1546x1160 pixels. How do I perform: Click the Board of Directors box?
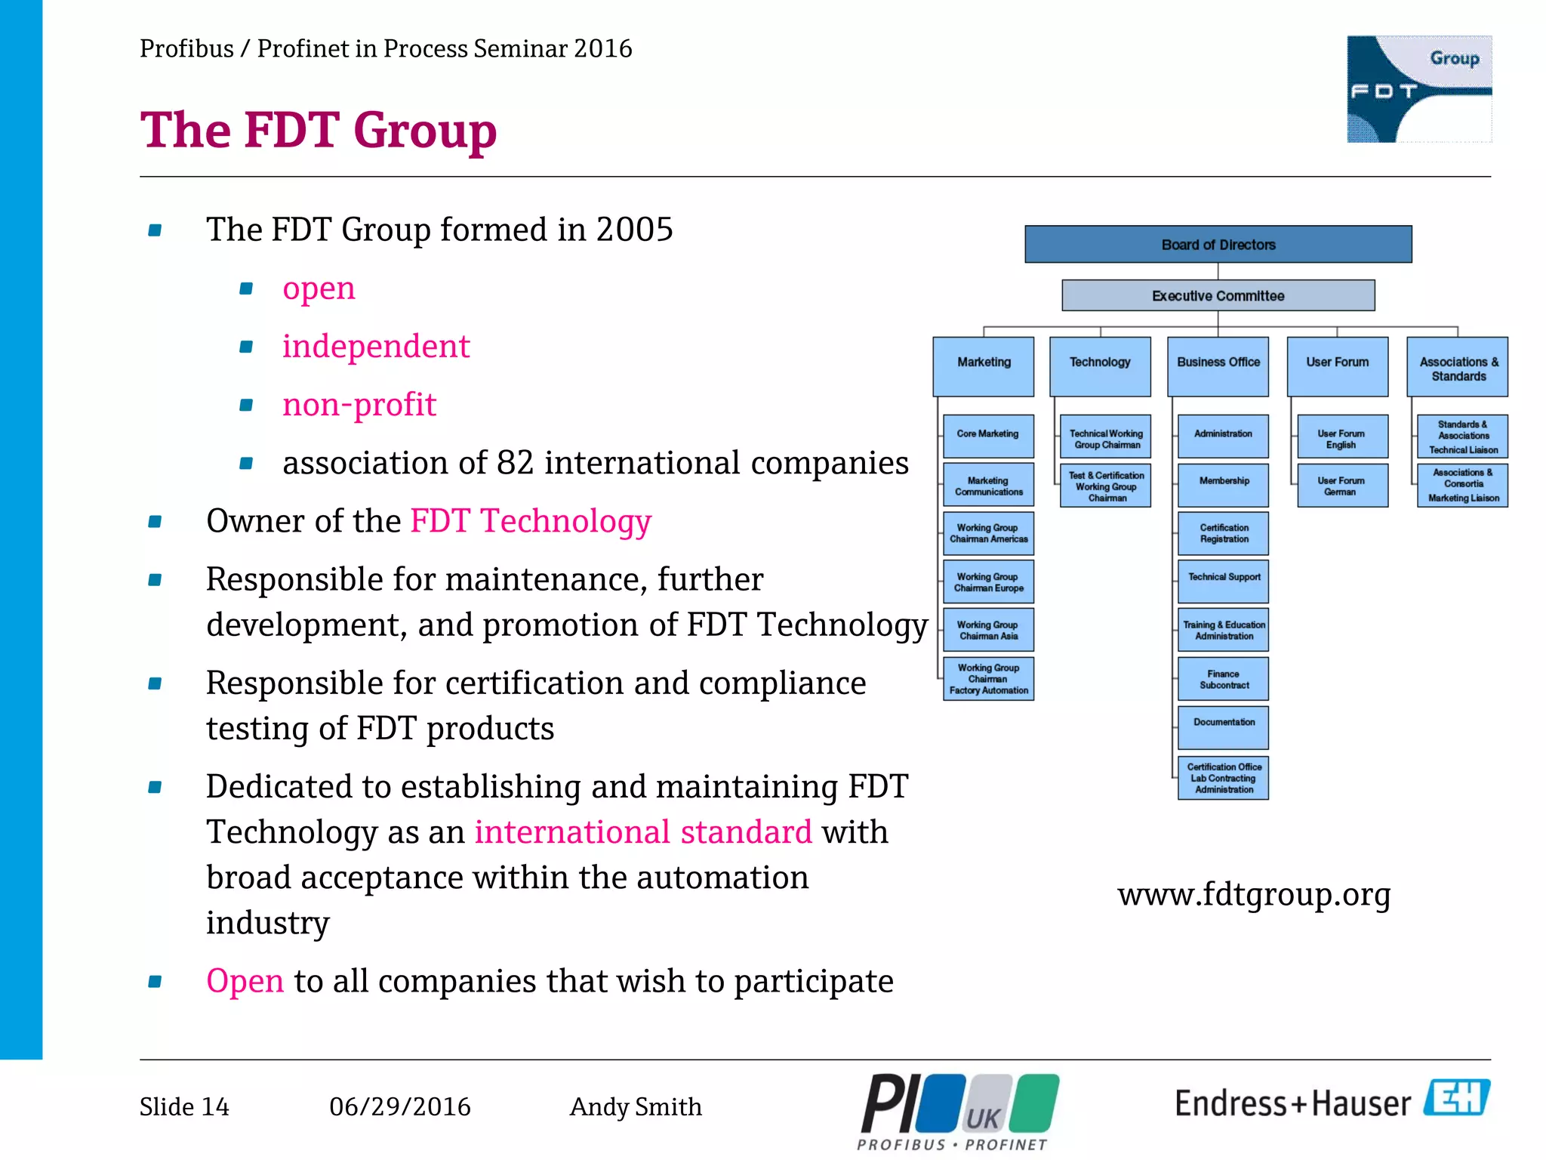[1218, 244]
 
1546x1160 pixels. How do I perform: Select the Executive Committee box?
[1218, 295]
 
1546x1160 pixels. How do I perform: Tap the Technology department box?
[1100, 366]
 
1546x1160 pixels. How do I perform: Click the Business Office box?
[1218, 366]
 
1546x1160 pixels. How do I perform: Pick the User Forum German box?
[1341, 486]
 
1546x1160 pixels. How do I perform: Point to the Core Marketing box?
[987, 435]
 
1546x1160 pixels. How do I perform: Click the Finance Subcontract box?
[1223, 678]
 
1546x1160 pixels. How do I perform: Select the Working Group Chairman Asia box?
[987, 630]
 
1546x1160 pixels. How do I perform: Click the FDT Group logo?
[1418, 89]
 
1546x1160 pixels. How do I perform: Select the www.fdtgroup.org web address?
[1254, 894]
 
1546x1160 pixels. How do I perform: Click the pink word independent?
[376, 347]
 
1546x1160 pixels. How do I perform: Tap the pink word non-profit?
[359, 405]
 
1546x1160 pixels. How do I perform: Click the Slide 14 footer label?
[184, 1106]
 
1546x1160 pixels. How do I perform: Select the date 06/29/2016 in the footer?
[399, 1106]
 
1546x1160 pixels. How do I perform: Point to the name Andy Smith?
[636, 1106]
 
